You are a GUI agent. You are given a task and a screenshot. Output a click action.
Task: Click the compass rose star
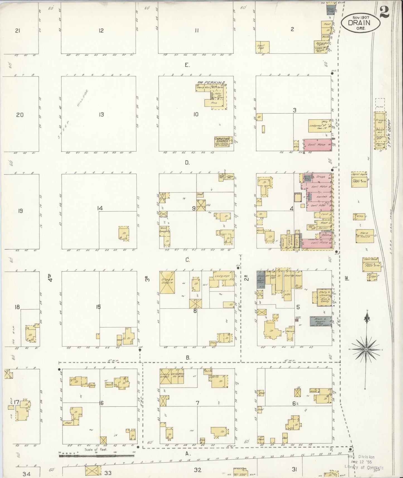(x=366, y=350)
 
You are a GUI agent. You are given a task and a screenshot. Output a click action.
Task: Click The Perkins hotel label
(x=211, y=83)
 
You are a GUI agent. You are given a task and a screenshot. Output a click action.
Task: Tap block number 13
(x=101, y=114)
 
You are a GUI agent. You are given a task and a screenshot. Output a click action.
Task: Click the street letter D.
(x=187, y=163)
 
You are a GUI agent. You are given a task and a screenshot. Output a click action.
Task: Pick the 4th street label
(x=50, y=278)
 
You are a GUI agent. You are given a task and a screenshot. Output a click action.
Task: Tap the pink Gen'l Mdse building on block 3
(x=317, y=145)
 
